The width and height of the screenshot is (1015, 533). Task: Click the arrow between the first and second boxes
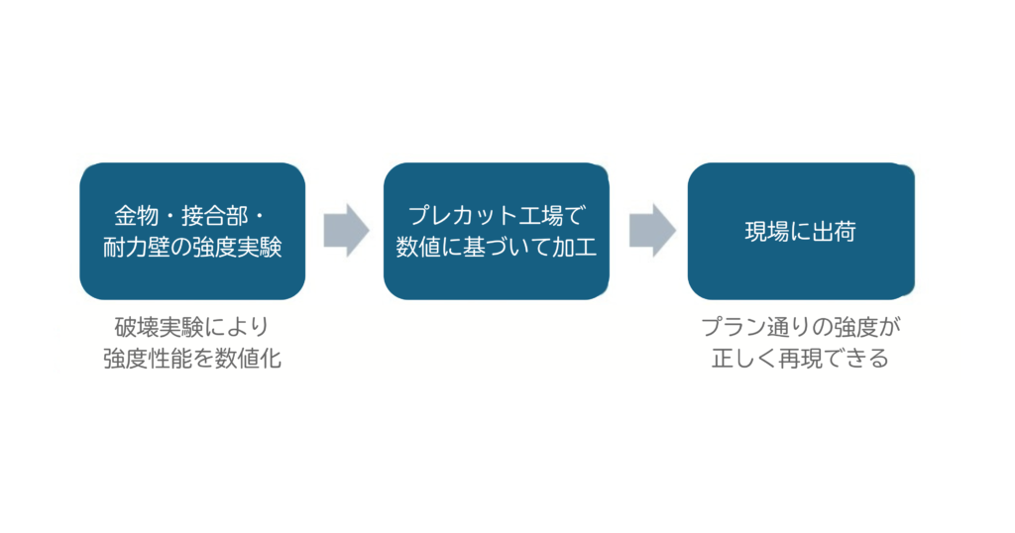pyautogui.click(x=346, y=230)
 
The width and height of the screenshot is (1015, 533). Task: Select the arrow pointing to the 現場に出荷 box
pyautogui.click(x=652, y=230)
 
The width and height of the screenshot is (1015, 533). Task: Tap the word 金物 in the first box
pyautogui.click(x=137, y=216)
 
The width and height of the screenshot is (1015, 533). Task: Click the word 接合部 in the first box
pyautogui.click(x=214, y=216)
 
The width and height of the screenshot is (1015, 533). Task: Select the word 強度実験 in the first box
pyautogui.click(x=238, y=247)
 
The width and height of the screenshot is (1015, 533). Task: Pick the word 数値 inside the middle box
pyautogui.click(x=418, y=247)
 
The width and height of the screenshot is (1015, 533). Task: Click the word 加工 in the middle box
pyautogui.click(x=575, y=247)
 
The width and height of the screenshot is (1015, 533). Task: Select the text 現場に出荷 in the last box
pyautogui.click(x=801, y=232)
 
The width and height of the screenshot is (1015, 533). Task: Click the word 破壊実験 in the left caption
pyautogui.click(x=159, y=327)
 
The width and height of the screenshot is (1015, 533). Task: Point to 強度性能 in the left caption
pyautogui.click(x=148, y=359)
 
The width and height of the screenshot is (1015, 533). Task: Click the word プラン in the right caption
pyautogui.click(x=734, y=327)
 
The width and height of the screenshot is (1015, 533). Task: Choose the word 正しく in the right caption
pyautogui.click(x=745, y=359)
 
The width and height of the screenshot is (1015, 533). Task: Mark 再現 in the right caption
pyautogui.click(x=801, y=359)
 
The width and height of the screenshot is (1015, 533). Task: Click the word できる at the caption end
pyautogui.click(x=856, y=359)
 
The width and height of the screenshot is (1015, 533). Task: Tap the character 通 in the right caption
pyautogui.click(x=779, y=327)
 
